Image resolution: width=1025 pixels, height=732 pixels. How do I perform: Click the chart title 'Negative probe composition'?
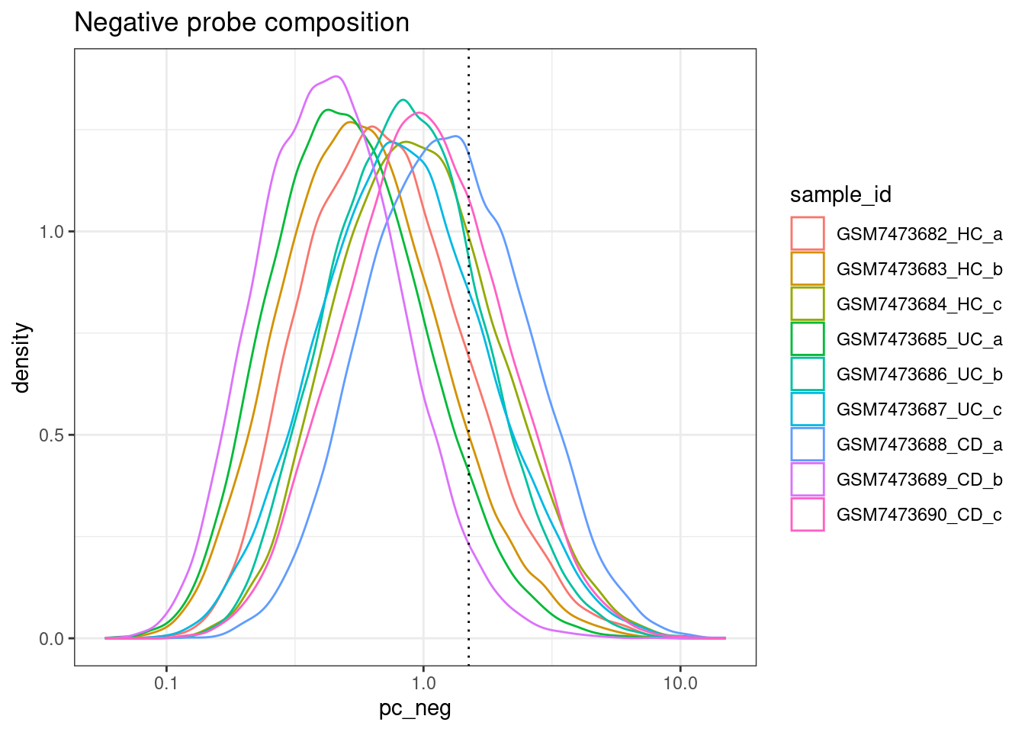click(x=242, y=23)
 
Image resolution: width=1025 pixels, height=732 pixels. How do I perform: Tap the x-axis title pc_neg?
click(x=415, y=708)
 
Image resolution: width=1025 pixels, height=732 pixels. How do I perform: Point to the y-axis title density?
click(x=22, y=358)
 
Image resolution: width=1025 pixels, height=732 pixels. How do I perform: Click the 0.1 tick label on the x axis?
click(x=166, y=683)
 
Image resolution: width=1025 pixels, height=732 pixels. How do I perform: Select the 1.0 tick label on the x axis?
click(x=423, y=683)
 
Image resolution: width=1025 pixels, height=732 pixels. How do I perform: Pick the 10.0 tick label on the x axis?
click(x=680, y=683)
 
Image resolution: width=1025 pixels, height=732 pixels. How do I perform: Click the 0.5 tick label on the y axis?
click(x=52, y=435)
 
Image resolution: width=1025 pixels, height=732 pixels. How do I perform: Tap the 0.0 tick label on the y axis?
click(x=52, y=639)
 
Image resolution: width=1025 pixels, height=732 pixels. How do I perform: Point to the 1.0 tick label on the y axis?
click(x=52, y=232)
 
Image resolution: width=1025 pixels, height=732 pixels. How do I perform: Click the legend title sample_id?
click(x=840, y=195)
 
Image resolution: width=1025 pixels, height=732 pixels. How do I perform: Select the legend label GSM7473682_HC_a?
click(x=919, y=234)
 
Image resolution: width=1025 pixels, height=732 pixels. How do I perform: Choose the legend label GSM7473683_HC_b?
click(x=919, y=269)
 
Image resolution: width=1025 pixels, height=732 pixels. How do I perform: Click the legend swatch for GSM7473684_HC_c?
click(x=808, y=303)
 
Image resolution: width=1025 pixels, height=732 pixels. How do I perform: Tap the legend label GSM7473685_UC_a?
click(x=919, y=339)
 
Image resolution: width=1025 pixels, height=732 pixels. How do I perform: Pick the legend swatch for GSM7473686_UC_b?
click(x=808, y=374)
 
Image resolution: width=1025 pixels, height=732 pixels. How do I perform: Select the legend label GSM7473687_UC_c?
click(x=919, y=409)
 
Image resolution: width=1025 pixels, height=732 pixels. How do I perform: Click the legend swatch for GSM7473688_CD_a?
click(x=808, y=444)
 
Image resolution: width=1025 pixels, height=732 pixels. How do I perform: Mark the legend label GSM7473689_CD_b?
click(x=919, y=480)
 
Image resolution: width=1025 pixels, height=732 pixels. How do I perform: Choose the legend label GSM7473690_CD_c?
click(x=919, y=515)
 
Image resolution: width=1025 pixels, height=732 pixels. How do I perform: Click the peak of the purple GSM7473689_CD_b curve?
click(x=336, y=76)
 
